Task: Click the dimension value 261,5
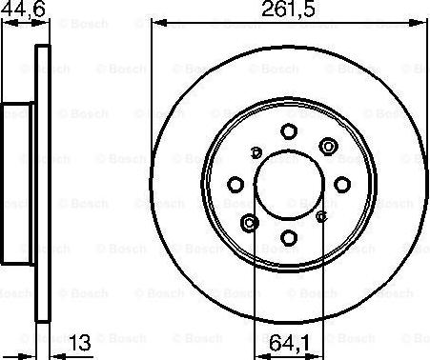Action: [288, 9]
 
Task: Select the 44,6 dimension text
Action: [23, 8]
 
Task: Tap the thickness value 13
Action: [80, 343]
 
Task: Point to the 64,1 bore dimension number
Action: [289, 343]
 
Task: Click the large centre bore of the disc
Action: [289, 185]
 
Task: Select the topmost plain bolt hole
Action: [289, 131]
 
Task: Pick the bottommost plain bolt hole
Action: [289, 238]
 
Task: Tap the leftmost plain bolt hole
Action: [236, 185]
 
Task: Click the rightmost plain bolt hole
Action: [342, 185]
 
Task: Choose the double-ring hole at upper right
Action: [328, 147]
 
